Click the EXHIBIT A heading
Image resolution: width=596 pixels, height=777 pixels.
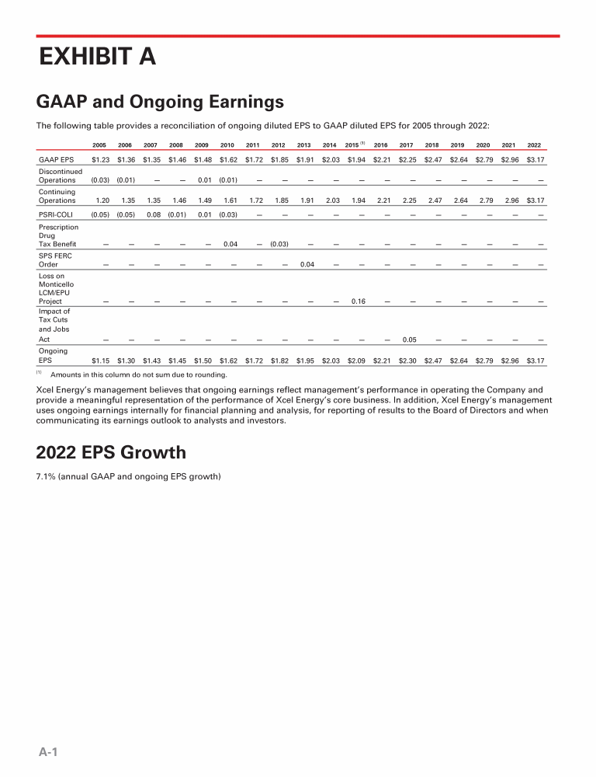coord(98,57)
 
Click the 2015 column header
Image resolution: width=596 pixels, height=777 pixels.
coord(352,145)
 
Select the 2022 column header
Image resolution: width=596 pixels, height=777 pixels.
coord(534,145)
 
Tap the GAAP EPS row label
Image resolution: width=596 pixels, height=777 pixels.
coord(56,160)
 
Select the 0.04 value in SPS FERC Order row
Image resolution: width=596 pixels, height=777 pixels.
coord(307,264)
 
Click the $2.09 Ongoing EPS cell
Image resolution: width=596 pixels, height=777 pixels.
coord(357,361)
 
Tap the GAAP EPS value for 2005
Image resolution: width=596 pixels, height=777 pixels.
coord(99,160)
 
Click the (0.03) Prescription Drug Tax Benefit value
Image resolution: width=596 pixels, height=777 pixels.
coord(279,244)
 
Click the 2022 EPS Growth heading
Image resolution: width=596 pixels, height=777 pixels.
coord(111,451)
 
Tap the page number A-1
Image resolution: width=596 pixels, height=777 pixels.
coord(49,751)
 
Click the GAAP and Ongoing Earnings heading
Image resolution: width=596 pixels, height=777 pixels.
coord(160,102)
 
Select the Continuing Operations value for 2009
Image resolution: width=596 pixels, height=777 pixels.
coord(203,200)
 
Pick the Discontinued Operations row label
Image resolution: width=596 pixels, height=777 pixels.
coord(60,176)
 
